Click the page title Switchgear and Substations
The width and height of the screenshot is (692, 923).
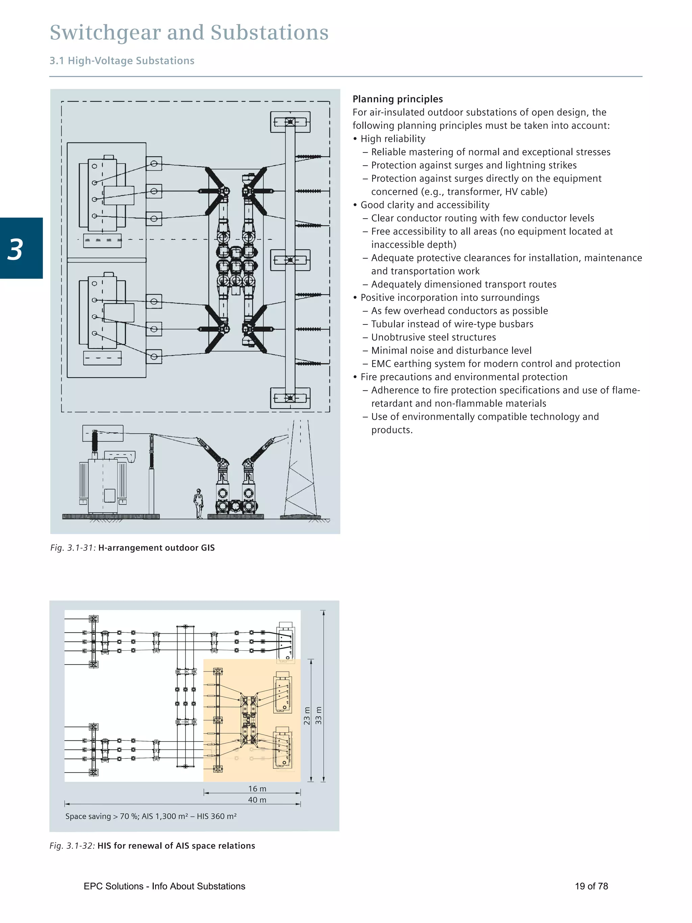[x=189, y=32]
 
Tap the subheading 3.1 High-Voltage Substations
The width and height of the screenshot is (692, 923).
[x=122, y=61]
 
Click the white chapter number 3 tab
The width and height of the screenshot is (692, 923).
[x=16, y=249]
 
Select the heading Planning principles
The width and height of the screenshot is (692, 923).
[x=397, y=99]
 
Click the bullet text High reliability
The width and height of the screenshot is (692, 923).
[x=393, y=139]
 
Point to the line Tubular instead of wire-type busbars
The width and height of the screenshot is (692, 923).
[x=452, y=324]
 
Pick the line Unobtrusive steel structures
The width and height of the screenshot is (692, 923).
[x=434, y=337]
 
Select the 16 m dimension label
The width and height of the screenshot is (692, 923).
[x=257, y=788]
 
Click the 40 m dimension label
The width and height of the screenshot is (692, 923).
[x=257, y=800]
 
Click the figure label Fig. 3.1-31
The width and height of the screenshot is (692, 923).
[x=73, y=548]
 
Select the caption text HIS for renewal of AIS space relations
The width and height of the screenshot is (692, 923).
[x=176, y=846]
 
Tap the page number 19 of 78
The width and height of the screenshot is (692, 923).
[x=591, y=886]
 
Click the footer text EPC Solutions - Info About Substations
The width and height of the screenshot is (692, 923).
[x=164, y=886]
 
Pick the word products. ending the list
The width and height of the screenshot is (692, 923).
[x=392, y=430]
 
